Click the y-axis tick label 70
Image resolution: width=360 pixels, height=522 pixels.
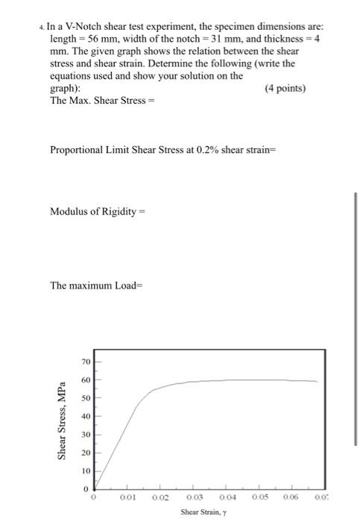[x=86, y=362]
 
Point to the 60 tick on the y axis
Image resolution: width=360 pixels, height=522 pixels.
[x=86, y=380]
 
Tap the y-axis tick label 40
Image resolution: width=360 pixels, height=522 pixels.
[x=86, y=416]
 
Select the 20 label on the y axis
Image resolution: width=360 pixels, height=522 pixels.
[x=86, y=453]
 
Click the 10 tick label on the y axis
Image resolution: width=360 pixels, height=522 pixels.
[x=86, y=471]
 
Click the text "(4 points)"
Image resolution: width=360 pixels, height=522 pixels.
[x=285, y=87]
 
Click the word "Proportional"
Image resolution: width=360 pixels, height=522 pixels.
[x=79, y=149]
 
